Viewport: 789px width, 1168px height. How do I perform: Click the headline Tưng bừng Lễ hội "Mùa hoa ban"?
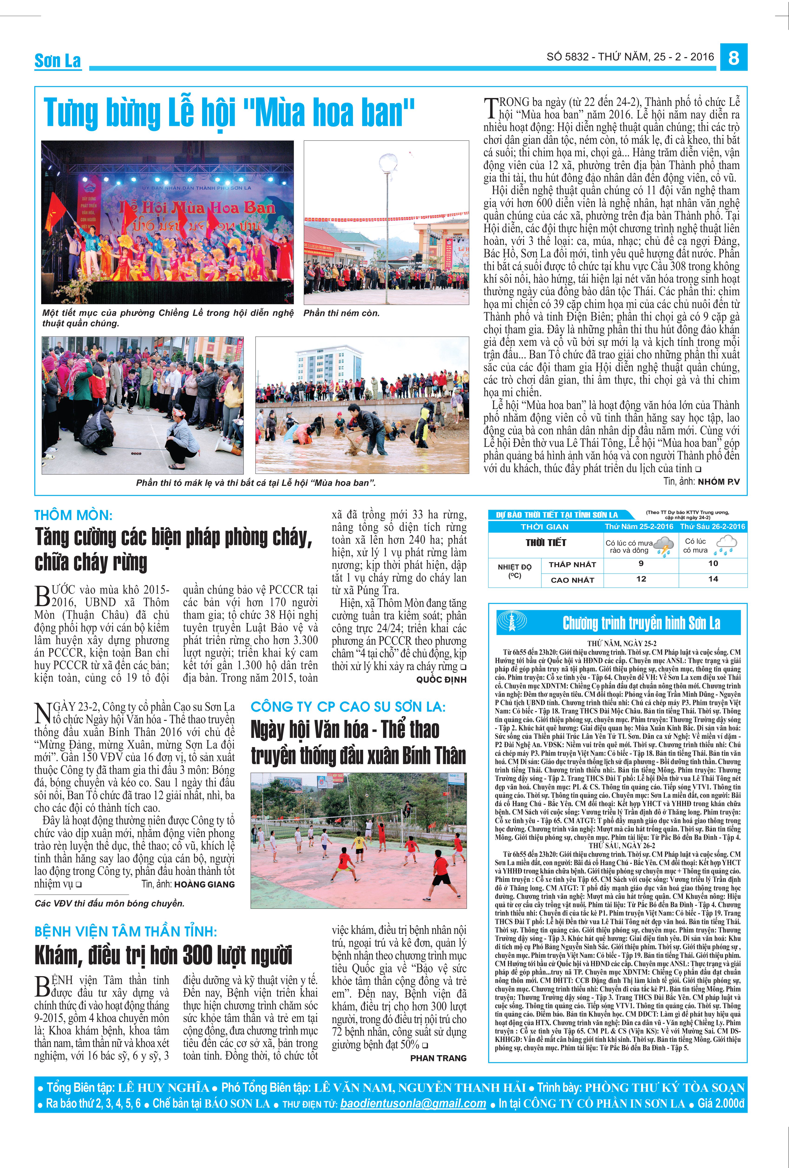[x=229, y=112]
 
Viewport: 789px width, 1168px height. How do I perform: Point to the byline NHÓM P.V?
[x=718, y=481]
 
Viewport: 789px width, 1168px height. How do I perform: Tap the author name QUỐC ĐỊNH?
[x=441, y=680]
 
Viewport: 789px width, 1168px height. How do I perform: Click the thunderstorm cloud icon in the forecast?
[x=664, y=546]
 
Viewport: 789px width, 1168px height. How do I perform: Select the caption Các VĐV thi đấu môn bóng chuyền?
[x=110, y=903]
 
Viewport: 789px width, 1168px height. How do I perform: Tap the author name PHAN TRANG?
[x=438, y=1058]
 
